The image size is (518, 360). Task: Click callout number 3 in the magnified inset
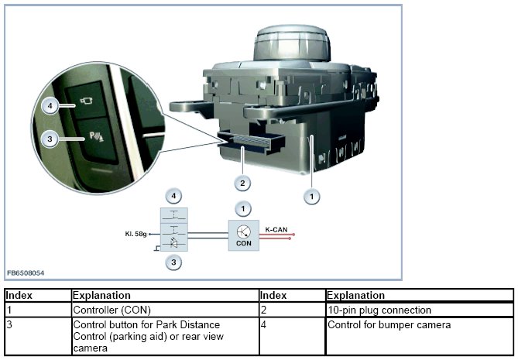click(50, 139)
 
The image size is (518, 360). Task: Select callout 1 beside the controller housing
click(311, 197)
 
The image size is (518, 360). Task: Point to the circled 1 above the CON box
click(245, 209)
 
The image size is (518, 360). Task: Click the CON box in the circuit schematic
click(244, 233)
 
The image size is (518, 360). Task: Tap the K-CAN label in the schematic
click(277, 229)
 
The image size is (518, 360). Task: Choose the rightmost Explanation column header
click(355, 295)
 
